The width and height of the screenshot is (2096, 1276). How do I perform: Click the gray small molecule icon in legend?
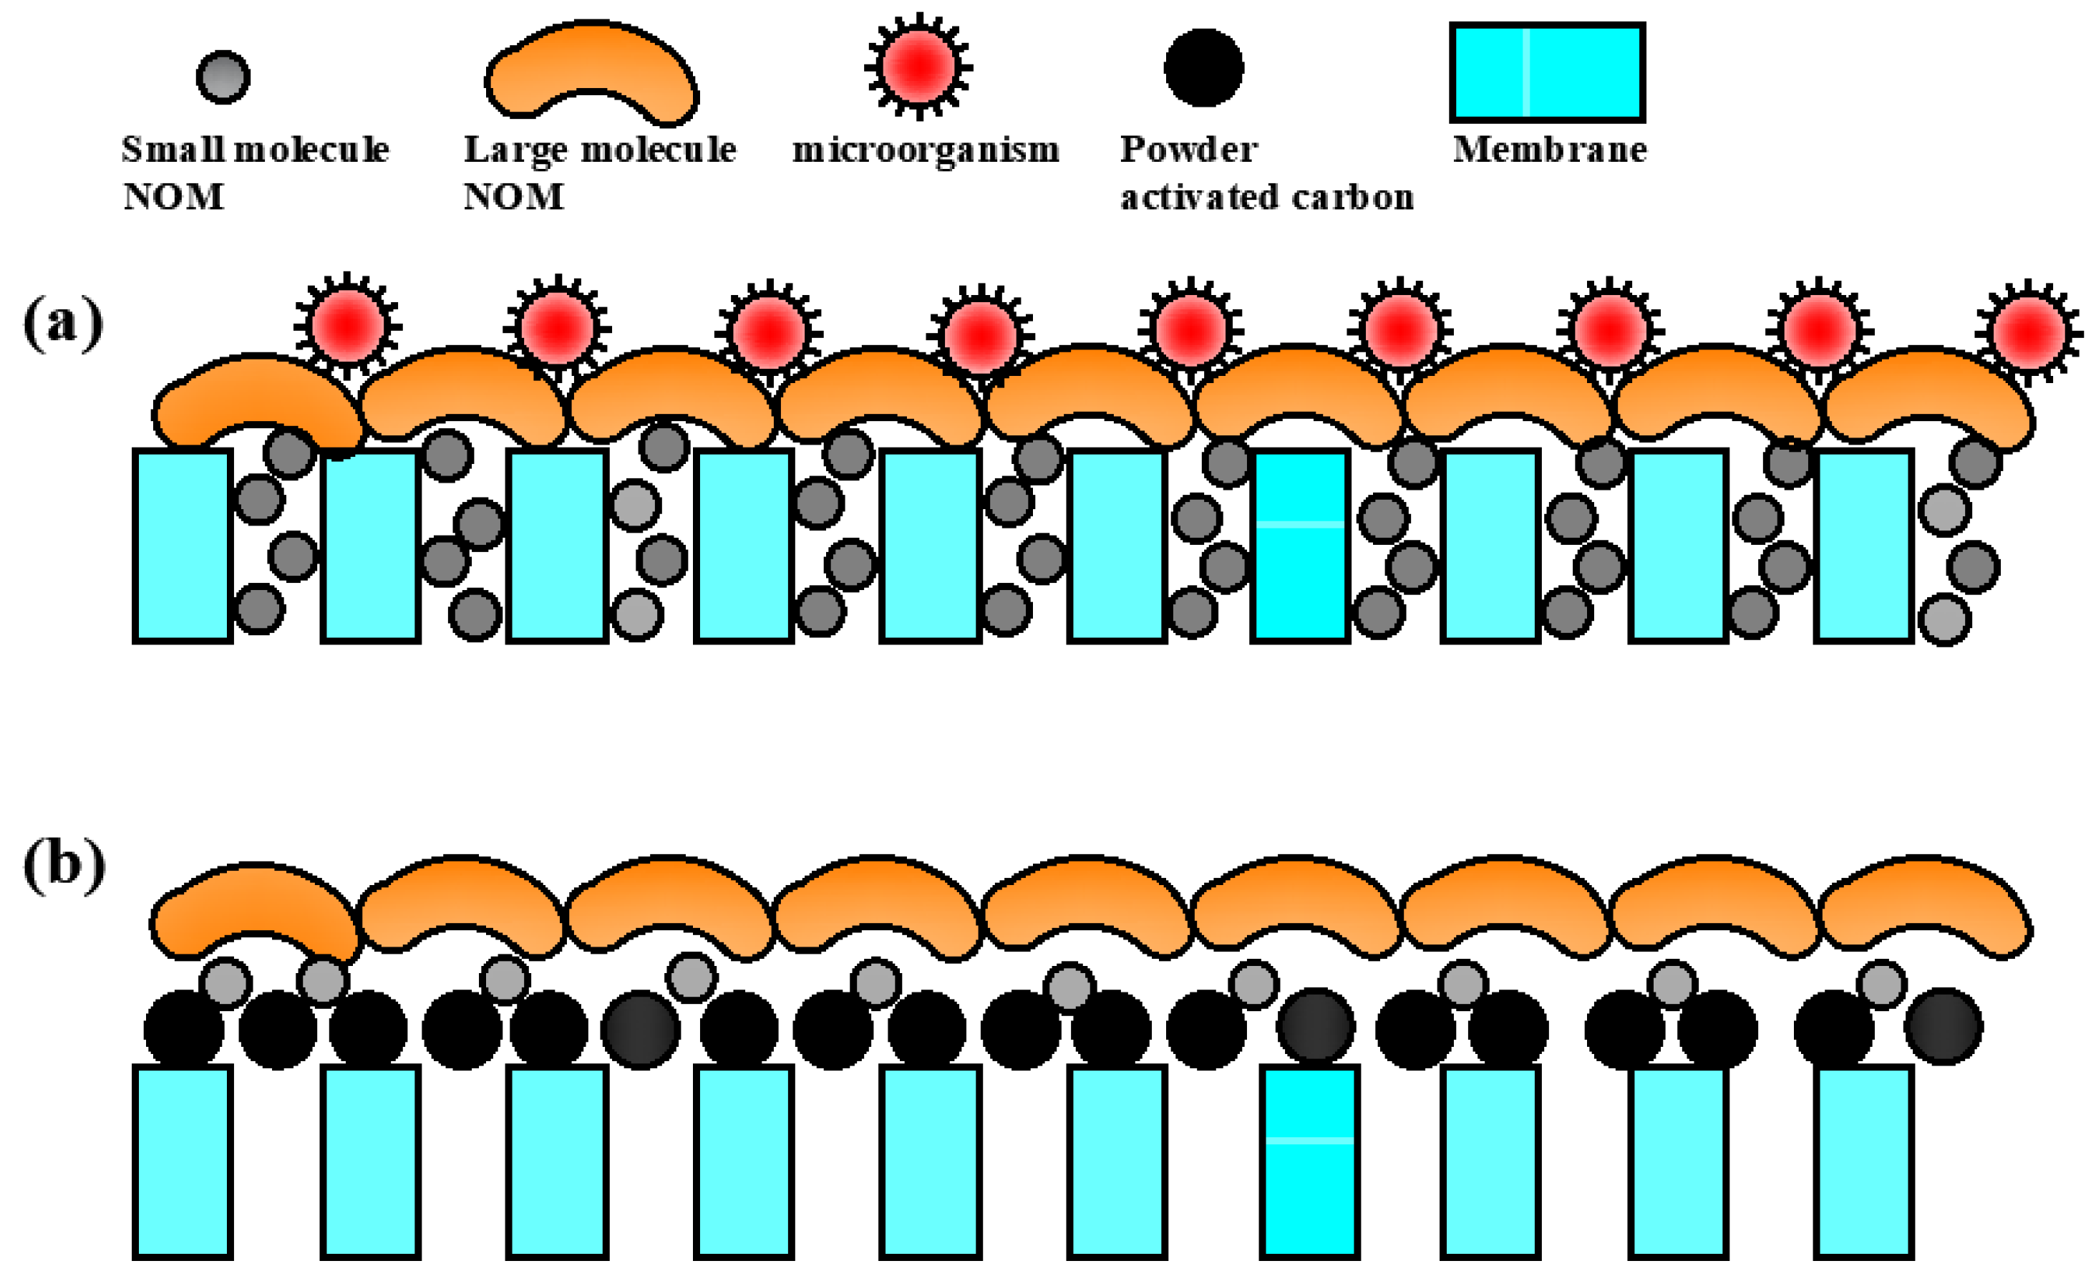click(x=223, y=77)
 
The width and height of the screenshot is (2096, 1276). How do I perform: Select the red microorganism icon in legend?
click(x=918, y=67)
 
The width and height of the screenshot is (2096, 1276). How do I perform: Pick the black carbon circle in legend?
click(x=1203, y=68)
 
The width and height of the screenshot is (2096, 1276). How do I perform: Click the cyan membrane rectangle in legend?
click(x=1548, y=72)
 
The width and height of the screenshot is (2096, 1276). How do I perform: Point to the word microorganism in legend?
click(x=926, y=150)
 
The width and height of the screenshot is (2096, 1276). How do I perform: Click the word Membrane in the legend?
click(x=1549, y=150)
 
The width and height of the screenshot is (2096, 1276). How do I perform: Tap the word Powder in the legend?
click(x=1188, y=150)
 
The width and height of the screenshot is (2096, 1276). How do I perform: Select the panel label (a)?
click(x=63, y=323)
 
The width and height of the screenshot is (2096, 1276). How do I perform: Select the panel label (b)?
click(x=64, y=865)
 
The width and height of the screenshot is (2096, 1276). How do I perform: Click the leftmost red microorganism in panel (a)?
click(x=347, y=326)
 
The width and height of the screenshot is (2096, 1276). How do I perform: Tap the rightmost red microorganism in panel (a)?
click(x=2029, y=332)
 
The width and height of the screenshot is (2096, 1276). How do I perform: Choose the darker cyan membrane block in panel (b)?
click(x=1309, y=1161)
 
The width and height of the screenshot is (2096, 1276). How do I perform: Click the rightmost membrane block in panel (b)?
click(x=1863, y=1161)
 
